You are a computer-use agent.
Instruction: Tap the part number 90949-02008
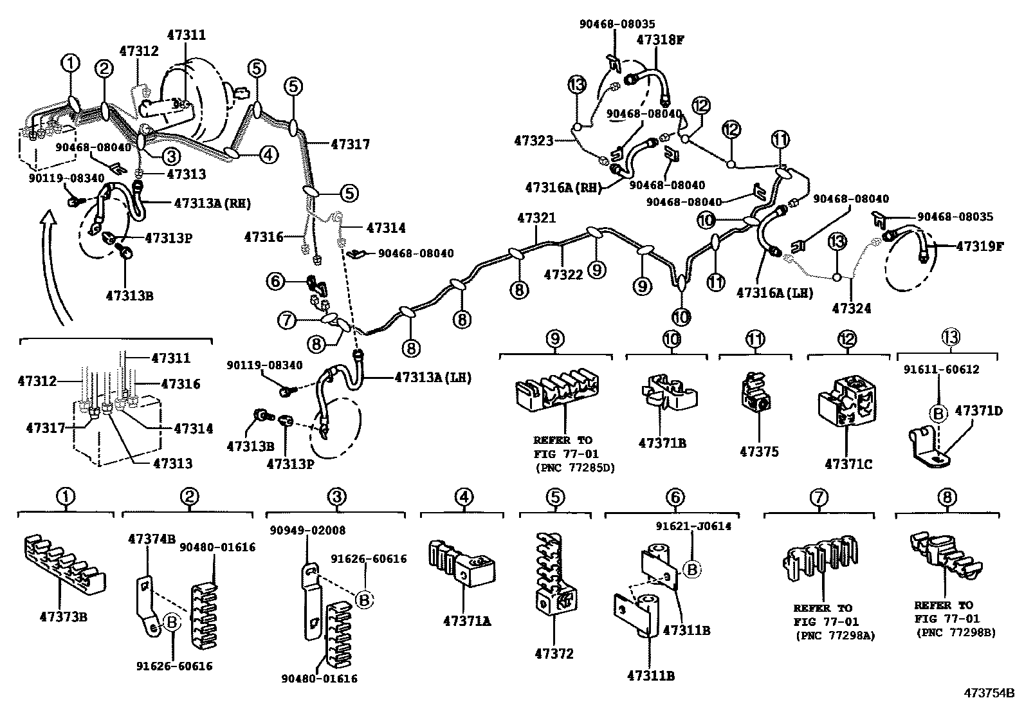(x=307, y=531)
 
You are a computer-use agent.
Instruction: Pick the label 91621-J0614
(x=693, y=526)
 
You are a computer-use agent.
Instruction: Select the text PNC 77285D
(x=574, y=468)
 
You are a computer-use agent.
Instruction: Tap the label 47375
(x=758, y=452)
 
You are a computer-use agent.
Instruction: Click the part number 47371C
(x=848, y=463)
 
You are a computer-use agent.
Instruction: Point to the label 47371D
(x=978, y=410)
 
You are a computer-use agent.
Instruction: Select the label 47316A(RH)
(x=562, y=187)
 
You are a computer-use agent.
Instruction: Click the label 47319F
(x=979, y=246)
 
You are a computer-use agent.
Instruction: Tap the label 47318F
(x=660, y=40)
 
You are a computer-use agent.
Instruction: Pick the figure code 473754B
(x=988, y=693)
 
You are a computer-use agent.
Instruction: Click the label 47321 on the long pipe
(x=535, y=218)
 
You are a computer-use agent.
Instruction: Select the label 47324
(x=851, y=308)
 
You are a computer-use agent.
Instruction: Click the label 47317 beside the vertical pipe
(x=350, y=144)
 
